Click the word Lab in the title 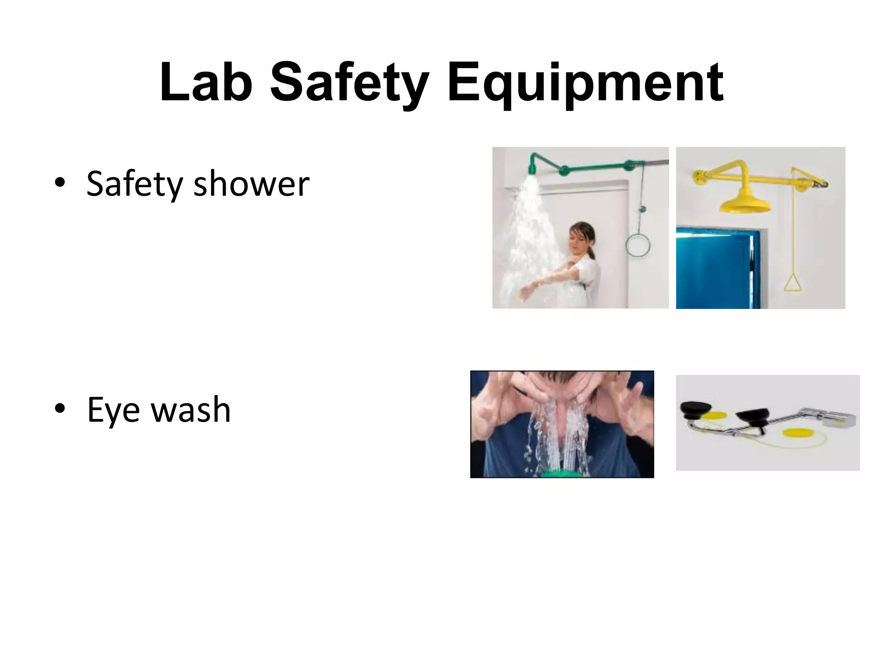pyautogui.click(x=206, y=83)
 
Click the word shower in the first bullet pyautogui.click(x=252, y=184)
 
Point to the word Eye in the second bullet pyautogui.click(x=113, y=410)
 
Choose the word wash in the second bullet pyautogui.click(x=191, y=410)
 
